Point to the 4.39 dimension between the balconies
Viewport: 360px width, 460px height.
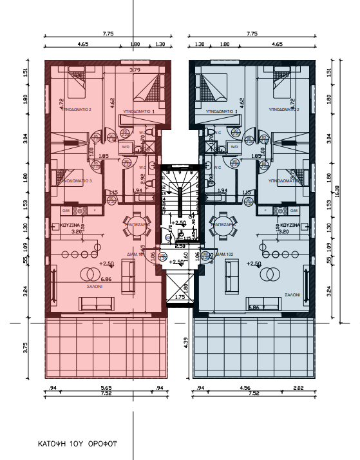pos(185,344)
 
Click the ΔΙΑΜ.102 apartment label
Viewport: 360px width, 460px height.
pos(226,254)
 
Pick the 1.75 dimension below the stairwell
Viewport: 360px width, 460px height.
pos(180,298)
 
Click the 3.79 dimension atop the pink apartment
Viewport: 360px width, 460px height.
pos(135,70)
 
